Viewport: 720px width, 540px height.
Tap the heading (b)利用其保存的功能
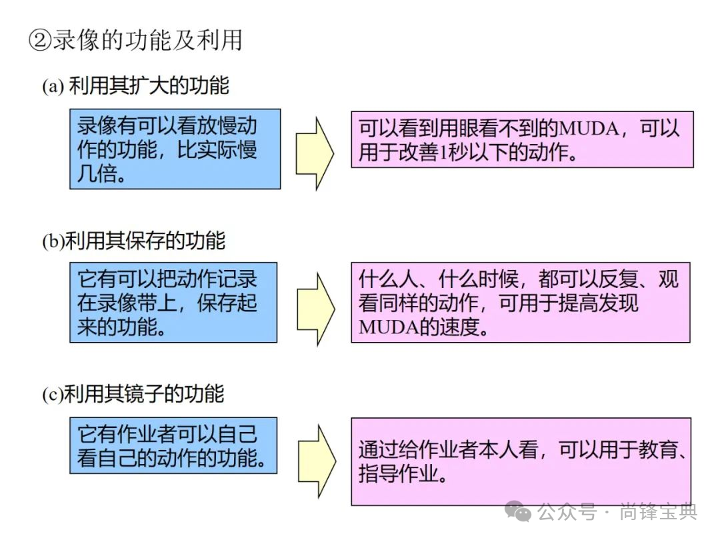tap(133, 241)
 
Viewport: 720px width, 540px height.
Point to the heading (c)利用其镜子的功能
tap(133, 395)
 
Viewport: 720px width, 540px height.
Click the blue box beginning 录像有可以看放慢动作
tap(175, 149)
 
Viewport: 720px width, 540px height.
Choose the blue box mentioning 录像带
tap(173, 302)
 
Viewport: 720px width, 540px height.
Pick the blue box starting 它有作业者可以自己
tap(173, 445)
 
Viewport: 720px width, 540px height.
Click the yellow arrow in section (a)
tap(315, 153)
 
